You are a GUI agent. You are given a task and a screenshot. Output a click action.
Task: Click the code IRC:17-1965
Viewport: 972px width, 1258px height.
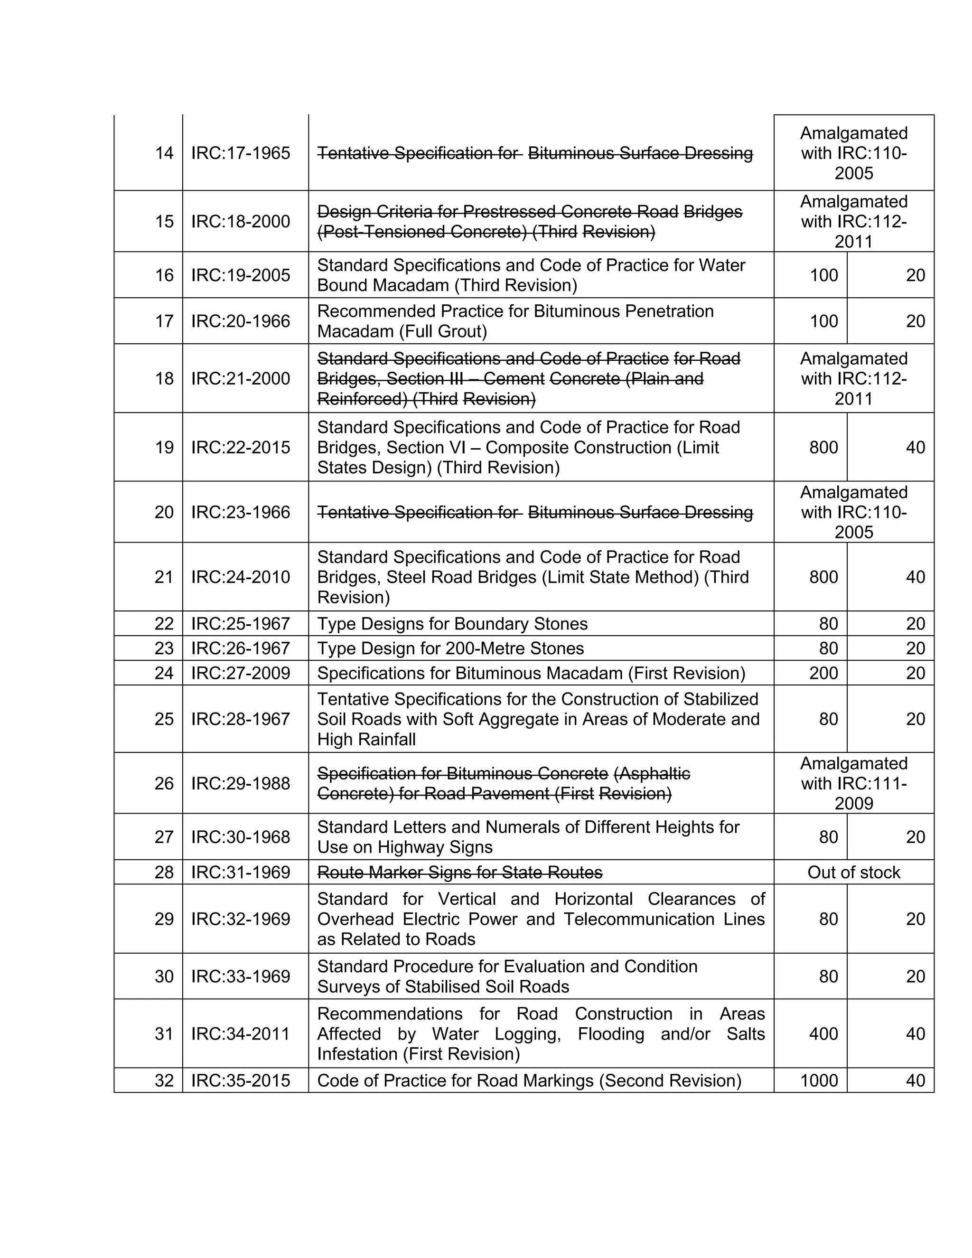(x=241, y=153)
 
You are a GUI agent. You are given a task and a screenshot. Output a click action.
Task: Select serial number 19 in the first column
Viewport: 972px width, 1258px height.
(x=164, y=448)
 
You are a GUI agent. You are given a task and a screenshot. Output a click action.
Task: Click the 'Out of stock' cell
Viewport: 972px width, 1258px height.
(x=853, y=872)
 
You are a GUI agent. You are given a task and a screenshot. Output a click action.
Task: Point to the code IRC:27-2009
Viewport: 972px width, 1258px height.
(x=241, y=673)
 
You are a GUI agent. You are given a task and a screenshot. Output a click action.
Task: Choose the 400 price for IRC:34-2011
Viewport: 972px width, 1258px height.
(x=823, y=1033)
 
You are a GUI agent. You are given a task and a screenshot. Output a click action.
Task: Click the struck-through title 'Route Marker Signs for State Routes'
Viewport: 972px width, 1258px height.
(x=459, y=873)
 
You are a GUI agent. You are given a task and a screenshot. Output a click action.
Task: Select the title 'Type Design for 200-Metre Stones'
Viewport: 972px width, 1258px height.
(x=450, y=648)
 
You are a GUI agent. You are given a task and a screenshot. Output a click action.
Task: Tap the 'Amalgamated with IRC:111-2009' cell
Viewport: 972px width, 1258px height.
(x=853, y=783)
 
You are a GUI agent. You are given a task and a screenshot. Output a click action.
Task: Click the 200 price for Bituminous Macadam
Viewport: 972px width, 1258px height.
(x=823, y=673)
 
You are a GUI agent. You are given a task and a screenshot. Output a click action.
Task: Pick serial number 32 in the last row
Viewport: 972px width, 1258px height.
(x=164, y=1080)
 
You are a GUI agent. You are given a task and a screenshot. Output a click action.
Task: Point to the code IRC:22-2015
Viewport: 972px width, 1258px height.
(x=241, y=448)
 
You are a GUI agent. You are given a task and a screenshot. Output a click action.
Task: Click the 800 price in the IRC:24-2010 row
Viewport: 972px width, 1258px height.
(x=823, y=577)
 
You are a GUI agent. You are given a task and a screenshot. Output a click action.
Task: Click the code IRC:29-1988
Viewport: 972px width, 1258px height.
(x=241, y=783)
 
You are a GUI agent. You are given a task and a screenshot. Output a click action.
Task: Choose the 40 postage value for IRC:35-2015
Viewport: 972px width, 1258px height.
(x=915, y=1080)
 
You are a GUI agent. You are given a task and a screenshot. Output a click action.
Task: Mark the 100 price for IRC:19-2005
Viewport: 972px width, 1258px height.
(x=823, y=275)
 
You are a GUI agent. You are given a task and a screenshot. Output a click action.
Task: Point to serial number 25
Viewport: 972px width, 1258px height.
(x=164, y=719)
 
